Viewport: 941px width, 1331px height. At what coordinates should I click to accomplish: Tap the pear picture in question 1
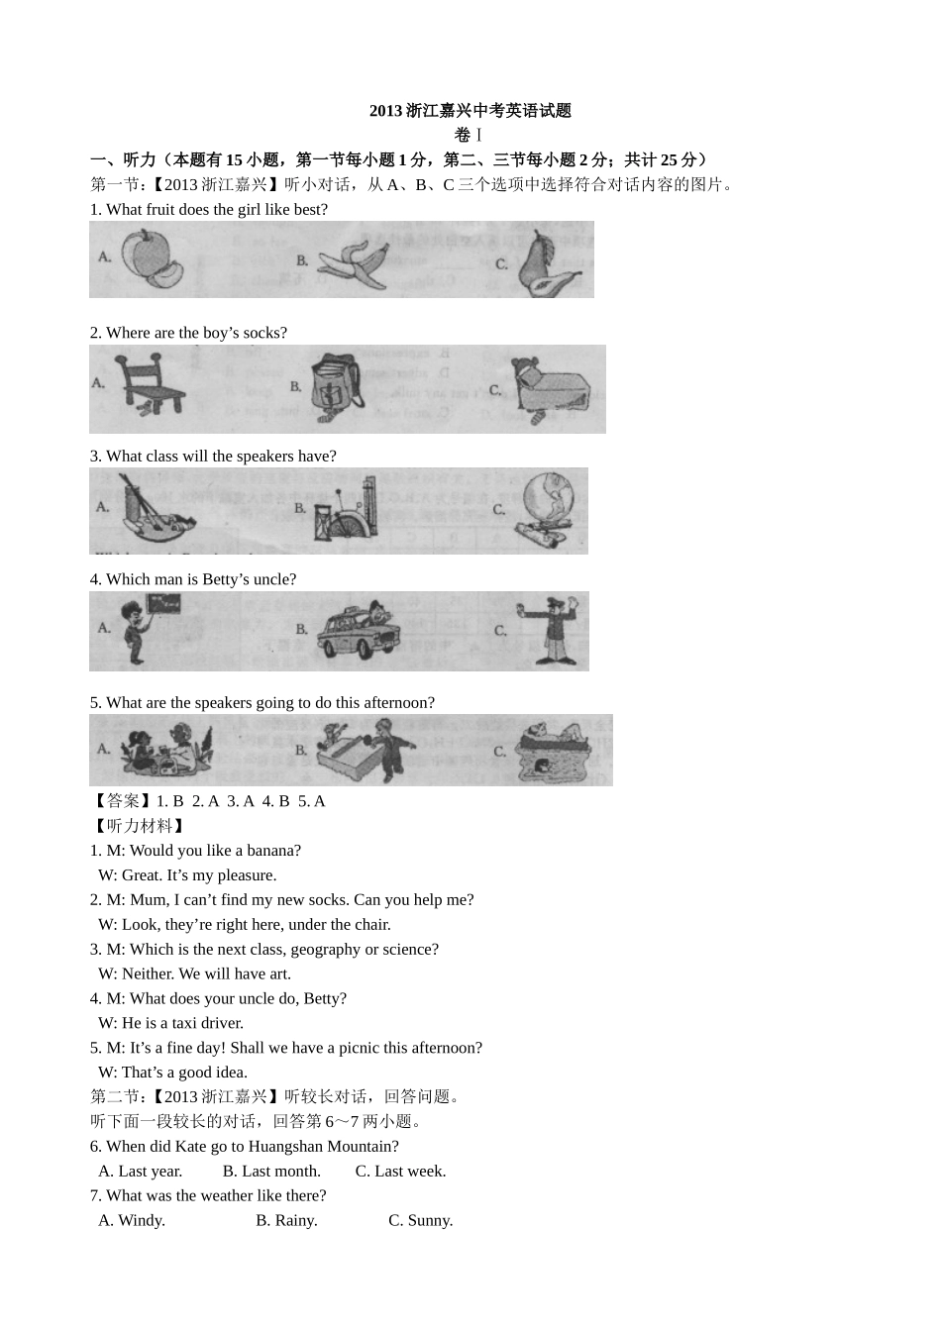548,263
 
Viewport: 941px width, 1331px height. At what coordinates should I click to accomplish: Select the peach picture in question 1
153,259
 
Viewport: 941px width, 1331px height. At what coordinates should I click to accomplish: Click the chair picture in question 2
149,383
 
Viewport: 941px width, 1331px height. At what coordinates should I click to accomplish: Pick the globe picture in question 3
546,510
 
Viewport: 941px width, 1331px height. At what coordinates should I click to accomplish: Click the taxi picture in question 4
359,631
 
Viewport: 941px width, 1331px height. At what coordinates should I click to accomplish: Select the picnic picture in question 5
166,748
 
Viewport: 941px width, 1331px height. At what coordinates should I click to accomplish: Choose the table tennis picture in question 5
365,750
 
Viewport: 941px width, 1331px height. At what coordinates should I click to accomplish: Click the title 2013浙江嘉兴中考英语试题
470,111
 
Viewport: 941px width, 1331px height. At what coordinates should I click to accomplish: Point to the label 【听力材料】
139,826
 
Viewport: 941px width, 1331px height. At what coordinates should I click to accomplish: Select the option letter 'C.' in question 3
499,510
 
